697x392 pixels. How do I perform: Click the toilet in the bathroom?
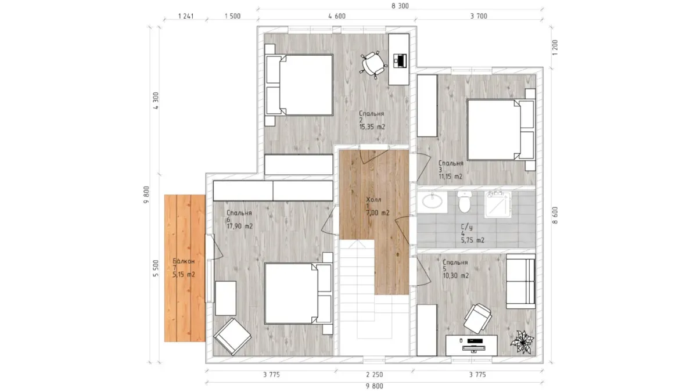(x=465, y=202)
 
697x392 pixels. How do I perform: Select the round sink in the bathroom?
(x=432, y=200)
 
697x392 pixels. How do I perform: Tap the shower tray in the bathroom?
(x=498, y=204)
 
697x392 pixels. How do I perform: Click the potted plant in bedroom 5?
(x=522, y=342)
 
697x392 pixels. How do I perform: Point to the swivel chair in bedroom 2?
(x=373, y=64)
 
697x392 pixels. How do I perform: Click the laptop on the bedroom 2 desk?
(x=400, y=60)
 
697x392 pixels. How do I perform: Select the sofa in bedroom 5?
(x=520, y=281)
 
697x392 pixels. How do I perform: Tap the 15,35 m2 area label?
(x=372, y=127)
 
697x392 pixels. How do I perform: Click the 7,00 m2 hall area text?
(x=378, y=213)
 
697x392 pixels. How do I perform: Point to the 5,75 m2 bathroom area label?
(x=473, y=240)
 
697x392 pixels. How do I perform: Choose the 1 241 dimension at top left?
(x=186, y=16)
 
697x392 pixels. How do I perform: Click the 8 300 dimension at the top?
(x=400, y=6)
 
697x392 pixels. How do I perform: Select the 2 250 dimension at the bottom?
(x=374, y=375)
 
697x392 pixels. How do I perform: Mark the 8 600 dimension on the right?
(x=555, y=215)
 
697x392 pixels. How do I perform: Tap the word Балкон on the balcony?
(x=184, y=261)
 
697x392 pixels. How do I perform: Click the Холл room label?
(x=373, y=200)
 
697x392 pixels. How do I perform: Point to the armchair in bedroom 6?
(x=232, y=337)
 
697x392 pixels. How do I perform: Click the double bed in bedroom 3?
(x=501, y=130)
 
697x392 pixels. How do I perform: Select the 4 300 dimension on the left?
(x=156, y=100)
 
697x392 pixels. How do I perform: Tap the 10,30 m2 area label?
(x=456, y=276)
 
